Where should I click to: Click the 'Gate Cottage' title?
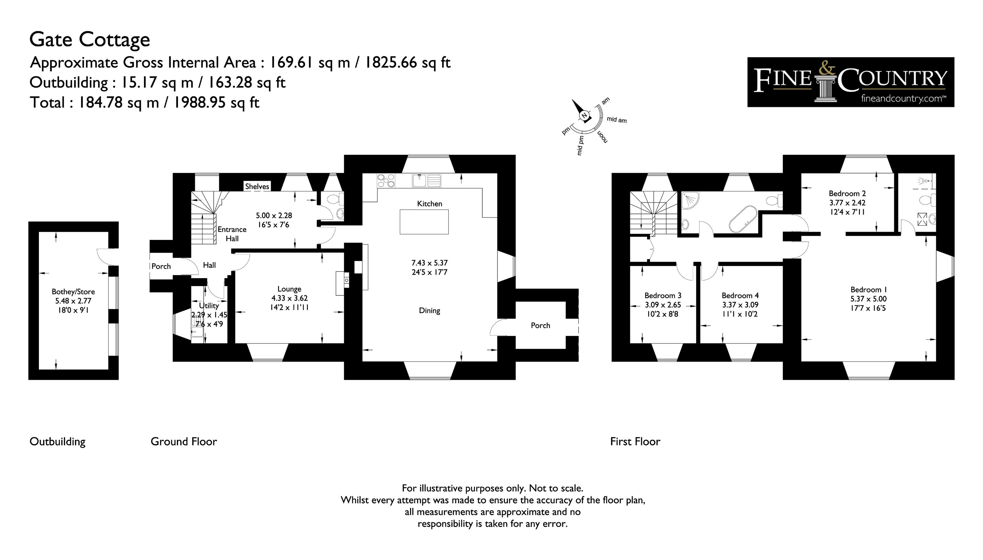(x=90, y=40)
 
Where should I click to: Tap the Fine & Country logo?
(x=850, y=82)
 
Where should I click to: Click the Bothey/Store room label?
(x=73, y=292)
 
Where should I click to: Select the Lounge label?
(x=289, y=289)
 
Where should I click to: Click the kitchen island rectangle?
(x=424, y=222)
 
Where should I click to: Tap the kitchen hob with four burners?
(x=386, y=180)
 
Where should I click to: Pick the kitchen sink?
(x=426, y=180)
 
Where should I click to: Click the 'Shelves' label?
(x=257, y=187)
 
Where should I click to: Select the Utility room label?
(x=209, y=306)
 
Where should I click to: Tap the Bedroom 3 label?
(x=663, y=295)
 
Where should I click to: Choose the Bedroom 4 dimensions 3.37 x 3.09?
(x=740, y=305)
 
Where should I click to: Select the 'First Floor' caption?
(x=635, y=441)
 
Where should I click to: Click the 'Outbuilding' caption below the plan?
(x=57, y=441)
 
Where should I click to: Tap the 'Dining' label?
(x=429, y=311)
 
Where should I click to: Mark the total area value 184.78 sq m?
(x=119, y=103)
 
